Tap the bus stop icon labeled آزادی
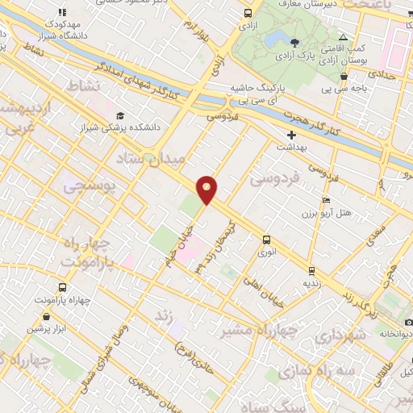[247, 14]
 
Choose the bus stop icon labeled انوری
[265, 239]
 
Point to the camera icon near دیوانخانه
[409, 323]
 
